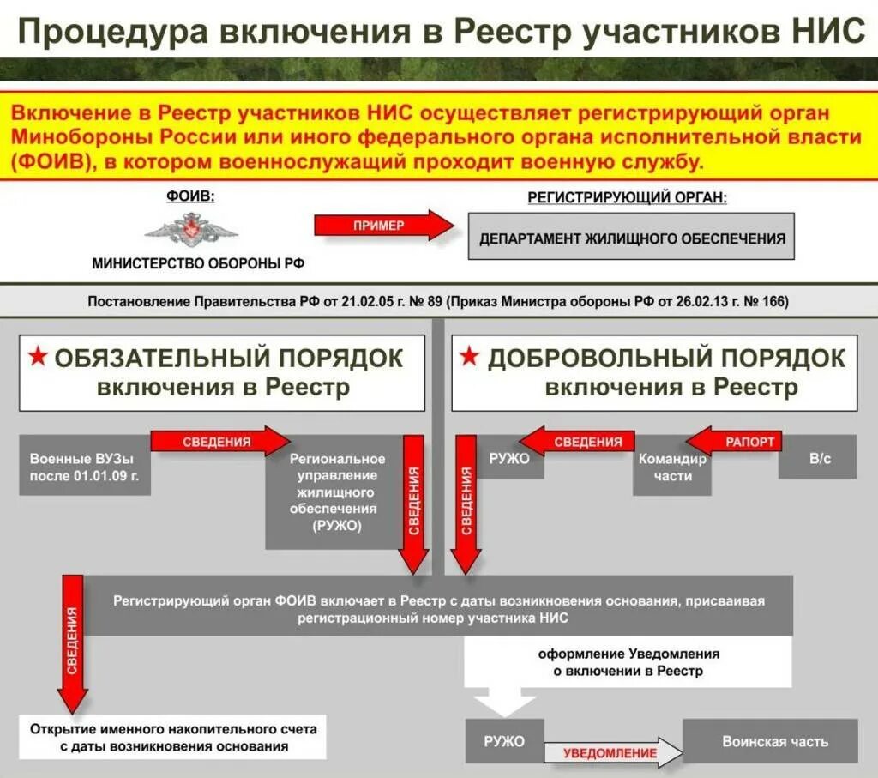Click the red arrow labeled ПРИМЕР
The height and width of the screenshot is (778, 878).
382,226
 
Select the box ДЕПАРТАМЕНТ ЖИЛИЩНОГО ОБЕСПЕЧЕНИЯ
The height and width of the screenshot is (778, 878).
631,238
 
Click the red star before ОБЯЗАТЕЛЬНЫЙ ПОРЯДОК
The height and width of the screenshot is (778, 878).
38,356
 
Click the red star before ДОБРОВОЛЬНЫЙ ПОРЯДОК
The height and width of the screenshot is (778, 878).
469,356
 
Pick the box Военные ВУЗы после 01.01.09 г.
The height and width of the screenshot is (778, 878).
85,467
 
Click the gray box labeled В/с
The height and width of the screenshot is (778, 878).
820,459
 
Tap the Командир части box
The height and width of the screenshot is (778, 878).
672,467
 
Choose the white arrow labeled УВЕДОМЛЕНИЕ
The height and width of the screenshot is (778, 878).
611,753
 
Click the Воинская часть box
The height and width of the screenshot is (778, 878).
774,742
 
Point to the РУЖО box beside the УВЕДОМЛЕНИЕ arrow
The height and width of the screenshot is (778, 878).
503,742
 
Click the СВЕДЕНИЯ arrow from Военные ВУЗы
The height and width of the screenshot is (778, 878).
219,442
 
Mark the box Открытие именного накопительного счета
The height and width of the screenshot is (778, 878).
173,737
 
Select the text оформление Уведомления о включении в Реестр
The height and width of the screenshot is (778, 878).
628,662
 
